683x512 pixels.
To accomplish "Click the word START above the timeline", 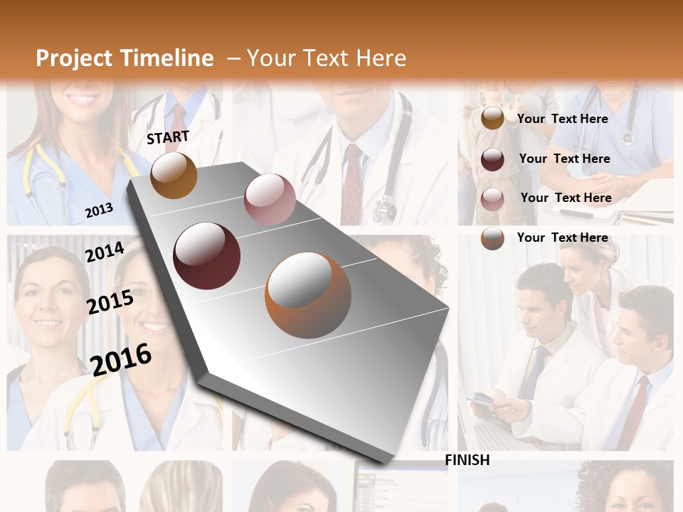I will (168, 137).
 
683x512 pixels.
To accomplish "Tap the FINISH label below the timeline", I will (467, 460).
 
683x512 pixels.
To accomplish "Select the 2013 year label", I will (99, 210).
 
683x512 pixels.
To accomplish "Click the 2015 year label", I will (110, 302).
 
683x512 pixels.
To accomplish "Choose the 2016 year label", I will (121, 359).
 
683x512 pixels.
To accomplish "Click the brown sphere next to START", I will (174, 175).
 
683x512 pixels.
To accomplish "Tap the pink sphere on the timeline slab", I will (270, 199).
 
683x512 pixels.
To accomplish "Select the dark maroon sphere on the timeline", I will (207, 256).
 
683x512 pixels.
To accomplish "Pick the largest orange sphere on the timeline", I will (308, 295).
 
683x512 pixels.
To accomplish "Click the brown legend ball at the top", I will (492, 119).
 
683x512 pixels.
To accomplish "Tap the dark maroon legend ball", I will (492, 159).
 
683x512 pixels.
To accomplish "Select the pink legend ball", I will (492, 198).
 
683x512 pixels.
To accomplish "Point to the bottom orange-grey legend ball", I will (492, 238).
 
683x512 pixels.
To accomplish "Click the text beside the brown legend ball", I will (562, 119).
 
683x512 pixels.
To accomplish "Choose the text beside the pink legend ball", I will (566, 198).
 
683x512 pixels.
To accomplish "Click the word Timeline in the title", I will (167, 58).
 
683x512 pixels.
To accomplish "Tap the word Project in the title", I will (75, 58).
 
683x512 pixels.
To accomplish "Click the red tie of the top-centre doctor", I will (352, 185).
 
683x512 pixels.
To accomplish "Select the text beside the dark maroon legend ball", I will (564, 159).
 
